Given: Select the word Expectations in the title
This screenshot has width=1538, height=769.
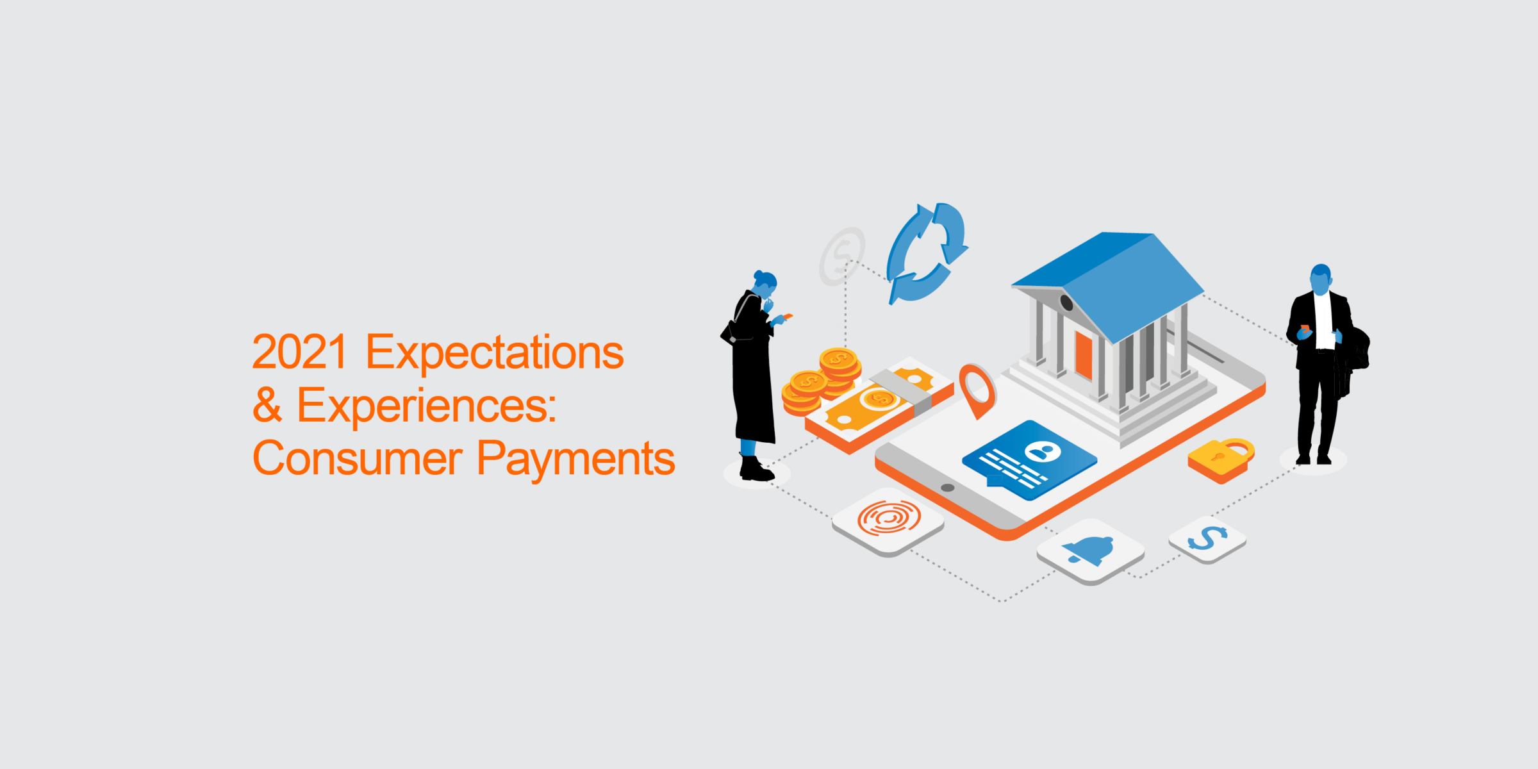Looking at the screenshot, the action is click(495, 354).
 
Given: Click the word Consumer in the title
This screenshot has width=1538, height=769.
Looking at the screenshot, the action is click(358, 458).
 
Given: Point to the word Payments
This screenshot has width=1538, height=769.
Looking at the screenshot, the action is click(576, 461).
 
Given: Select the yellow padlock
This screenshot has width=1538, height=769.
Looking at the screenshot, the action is click(1221, 460).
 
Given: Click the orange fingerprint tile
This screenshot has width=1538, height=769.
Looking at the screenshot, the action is click(888, 521).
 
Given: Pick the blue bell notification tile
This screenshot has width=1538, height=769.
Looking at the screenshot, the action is click(1091, 551).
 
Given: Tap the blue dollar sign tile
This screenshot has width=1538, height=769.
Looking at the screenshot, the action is click(1207, 539).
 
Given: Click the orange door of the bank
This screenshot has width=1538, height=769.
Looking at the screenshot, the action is click(1084, 355).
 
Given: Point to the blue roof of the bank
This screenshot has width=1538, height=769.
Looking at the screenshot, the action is click(1109, 282).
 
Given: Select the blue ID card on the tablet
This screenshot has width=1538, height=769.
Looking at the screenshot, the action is click(1030, 459).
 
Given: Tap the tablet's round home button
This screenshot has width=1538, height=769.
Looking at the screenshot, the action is click(948, 488).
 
